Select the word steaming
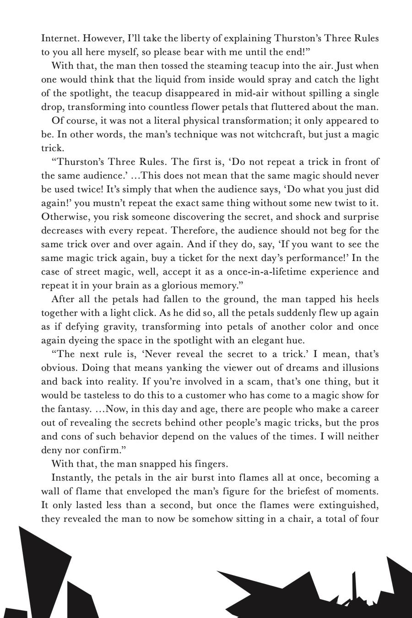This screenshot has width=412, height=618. click(x=207, y=65)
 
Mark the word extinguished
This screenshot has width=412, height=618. click(x=348, y=505)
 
